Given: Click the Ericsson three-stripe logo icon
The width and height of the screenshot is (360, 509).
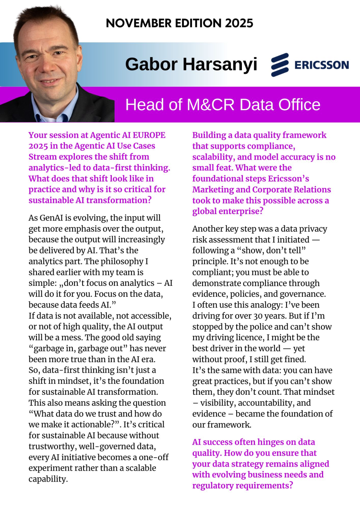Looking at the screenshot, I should click(280, 65).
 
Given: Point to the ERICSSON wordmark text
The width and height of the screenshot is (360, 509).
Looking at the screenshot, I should click(321, 65).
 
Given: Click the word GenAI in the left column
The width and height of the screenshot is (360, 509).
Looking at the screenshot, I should click(51, 218).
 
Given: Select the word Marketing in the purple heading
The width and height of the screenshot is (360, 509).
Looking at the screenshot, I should click(213, 190).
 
